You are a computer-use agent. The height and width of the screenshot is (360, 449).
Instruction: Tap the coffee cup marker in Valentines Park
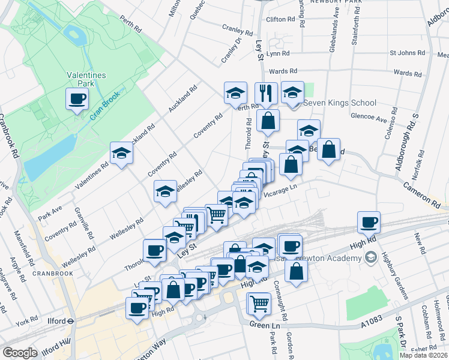76,99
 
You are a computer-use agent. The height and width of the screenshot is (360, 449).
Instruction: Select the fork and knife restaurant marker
265,93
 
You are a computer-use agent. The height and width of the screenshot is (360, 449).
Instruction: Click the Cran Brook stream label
105,104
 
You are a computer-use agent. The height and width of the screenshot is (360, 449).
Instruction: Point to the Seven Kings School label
340,103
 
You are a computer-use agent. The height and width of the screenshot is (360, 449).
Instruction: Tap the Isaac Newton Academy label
328,258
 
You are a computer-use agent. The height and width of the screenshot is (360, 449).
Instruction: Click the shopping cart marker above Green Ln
259,303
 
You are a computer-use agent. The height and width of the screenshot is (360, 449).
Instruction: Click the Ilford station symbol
70,320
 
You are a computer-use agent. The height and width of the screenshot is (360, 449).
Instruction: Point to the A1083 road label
372,325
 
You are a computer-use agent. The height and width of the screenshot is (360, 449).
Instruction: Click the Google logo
20,352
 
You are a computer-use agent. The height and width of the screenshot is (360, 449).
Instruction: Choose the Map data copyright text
424,355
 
